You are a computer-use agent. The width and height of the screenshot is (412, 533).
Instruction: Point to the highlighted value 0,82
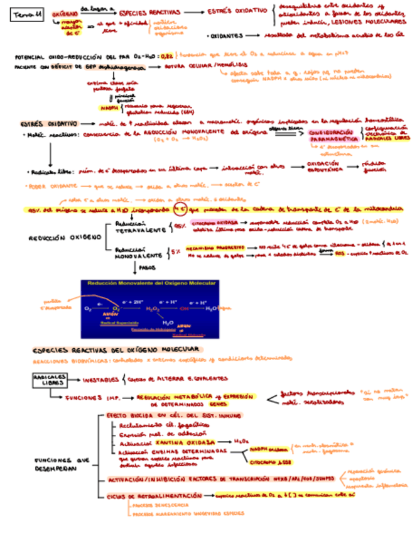tap(166, 56)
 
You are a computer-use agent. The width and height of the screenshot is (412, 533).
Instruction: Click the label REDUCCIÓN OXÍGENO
tap(65, 238)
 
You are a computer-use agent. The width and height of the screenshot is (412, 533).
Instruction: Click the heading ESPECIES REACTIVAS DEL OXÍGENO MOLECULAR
tap(116, 349)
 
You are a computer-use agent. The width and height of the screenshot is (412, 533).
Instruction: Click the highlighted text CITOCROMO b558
tap(269, 461)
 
